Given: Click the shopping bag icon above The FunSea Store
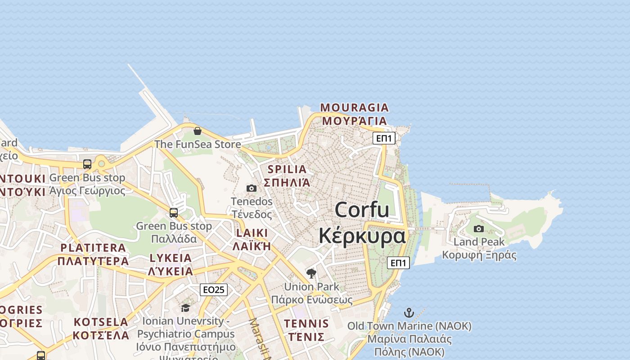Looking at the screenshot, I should click(197, 131).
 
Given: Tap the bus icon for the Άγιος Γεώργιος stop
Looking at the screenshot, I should click(87, 164).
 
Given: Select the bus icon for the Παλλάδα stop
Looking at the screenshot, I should click(174, 212).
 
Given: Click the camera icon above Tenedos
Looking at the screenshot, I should click(252, 188).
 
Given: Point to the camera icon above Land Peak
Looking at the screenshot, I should click(479, 229).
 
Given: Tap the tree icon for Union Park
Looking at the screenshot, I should click(311, 273).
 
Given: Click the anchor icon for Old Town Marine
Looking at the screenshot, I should click(409, 312).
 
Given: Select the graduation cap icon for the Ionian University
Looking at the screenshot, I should click(185, 308).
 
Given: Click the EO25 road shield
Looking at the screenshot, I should click(214, 290).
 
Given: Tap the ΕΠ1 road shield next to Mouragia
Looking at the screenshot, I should click(384, 138).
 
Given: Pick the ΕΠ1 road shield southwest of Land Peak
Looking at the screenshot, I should click(398, 263).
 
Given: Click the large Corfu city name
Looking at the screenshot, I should click(362, 210).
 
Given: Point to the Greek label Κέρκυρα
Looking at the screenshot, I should click(362, 236).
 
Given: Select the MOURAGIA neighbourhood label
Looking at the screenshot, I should click(354, 108).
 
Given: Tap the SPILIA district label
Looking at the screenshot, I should click(287, 170).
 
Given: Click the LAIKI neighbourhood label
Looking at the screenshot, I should click(252, 233).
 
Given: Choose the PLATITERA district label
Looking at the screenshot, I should click(93, 247).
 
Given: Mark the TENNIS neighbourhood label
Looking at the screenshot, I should click(306, 324).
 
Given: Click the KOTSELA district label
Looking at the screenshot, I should click(101, 322).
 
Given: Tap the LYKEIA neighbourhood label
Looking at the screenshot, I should click(171, 258).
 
